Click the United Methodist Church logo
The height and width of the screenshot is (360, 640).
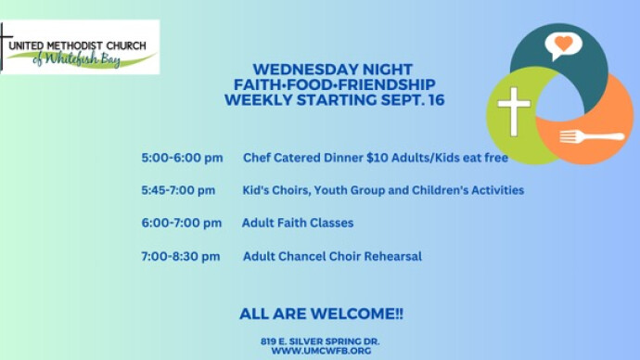coord(80,47)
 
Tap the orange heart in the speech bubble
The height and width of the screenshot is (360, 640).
coord(564,44)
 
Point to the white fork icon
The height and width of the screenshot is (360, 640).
coord(592,136)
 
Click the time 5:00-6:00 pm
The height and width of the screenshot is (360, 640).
coord(182,158)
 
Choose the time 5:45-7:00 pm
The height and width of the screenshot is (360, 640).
coord(178,190)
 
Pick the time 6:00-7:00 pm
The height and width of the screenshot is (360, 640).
coord(182,223)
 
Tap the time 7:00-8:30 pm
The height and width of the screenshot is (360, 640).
coord(181,256)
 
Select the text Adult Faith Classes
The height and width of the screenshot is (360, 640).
coord(298,223)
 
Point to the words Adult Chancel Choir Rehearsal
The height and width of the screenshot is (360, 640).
coord(332,256)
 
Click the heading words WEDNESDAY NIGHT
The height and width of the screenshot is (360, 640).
coord(333,70)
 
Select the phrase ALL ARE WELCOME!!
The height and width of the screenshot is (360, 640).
coord(321,314)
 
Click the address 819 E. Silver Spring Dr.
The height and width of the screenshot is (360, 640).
coord(320,341)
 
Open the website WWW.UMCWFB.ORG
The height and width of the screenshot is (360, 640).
coord(321,351)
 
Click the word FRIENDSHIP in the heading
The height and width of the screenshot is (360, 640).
coord(387,84)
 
